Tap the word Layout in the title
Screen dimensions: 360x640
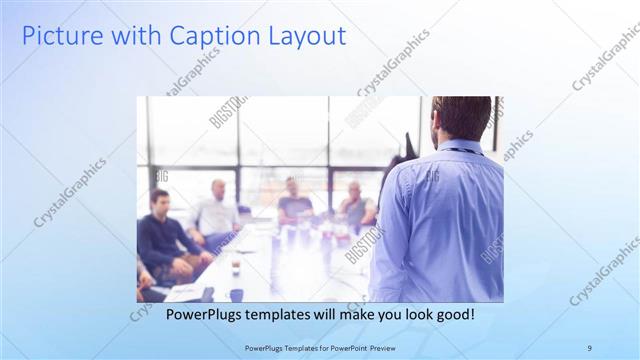pos(306,37)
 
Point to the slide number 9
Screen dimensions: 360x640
pos(589,347)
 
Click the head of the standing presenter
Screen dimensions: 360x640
pos(461,117)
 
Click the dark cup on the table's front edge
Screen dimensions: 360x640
pos(236,294)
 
